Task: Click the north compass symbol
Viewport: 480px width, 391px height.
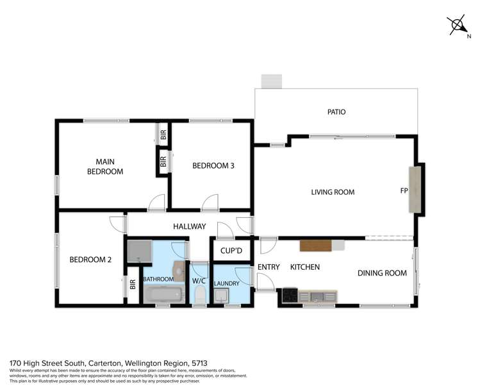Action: click(459, 26)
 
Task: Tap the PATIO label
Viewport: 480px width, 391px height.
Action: click(336, 112)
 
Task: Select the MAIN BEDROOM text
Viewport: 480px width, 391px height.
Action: click(105, 167)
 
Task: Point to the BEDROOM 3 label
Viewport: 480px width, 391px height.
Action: click(213, 166)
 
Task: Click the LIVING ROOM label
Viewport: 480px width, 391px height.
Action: click(333, 192)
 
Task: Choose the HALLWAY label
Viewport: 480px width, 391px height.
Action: click(189, 226)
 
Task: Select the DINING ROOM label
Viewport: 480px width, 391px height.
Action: click(382, 273)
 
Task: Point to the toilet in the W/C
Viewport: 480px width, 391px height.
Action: click(199, 295)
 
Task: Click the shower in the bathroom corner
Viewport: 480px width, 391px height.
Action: click(139, 251)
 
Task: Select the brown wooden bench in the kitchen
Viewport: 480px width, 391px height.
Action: click(315, 245)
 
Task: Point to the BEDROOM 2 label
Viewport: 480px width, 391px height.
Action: click(90, 260)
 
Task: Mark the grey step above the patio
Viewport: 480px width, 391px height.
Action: click(271, 81)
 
